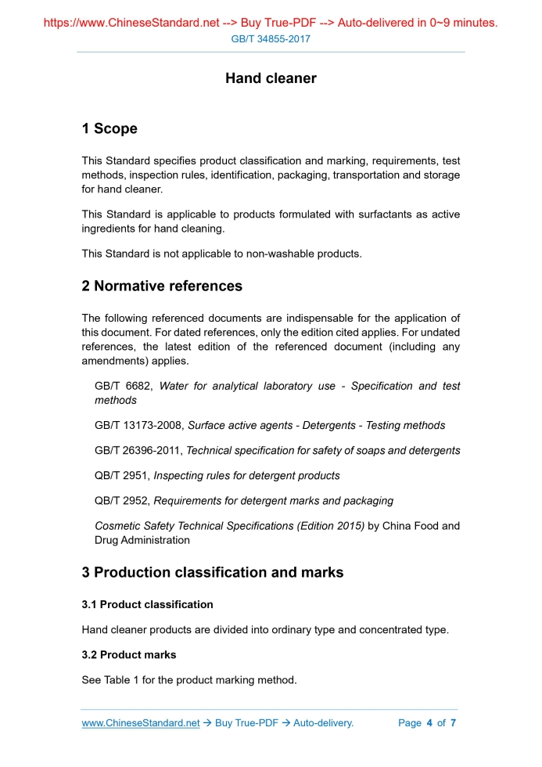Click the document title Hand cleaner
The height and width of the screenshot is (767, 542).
click(271, 78)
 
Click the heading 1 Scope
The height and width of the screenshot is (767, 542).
click(109, 129)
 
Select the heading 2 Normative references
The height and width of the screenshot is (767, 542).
click(162, 286)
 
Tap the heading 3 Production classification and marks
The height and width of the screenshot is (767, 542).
click(213, 573)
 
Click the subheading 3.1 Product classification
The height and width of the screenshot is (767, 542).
click(147, 604)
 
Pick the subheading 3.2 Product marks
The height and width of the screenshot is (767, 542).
click(129, 655)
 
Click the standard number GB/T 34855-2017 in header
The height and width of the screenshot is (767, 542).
click(271, 38)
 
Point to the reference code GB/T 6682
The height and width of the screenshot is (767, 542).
click(124, 387)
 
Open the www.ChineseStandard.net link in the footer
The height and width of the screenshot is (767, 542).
click(141, 723)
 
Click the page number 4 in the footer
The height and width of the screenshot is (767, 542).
click(429, 723)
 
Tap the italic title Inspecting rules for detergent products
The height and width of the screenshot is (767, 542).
click(246, 476)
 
